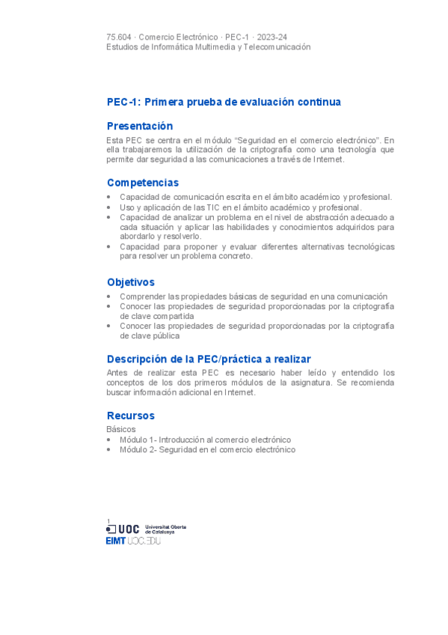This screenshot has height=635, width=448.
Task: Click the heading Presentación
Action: click(x=139, y=126)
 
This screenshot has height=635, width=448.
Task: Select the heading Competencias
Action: click(x=142, y=183)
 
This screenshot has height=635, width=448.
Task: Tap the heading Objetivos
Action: click(x=130, y=282)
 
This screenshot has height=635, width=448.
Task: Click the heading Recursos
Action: click(x=130, y=416)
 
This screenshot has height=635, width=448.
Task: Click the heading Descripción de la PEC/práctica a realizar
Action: click(x=209, y=359)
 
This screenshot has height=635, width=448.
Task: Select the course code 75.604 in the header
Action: click(x=120, y=37)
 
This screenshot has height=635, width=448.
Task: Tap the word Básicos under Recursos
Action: click(x=121, y=429)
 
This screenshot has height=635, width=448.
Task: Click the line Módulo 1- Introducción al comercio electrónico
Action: click(x=205, y=440)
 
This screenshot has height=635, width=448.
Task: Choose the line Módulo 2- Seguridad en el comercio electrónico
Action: click(x=207, y=449)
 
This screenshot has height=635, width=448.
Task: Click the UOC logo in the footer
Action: click(x=123, y=529)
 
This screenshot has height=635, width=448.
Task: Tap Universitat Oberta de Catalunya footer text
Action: click(x=165, y=529)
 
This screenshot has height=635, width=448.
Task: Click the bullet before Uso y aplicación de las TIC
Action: click(x=110, y=207)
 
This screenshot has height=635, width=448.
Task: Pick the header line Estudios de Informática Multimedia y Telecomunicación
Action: click(x=208, y=46)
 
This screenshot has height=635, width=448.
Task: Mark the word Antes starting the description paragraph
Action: click(x=118, y=372)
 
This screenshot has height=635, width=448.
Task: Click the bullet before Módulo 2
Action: click(x=110, y=450)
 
